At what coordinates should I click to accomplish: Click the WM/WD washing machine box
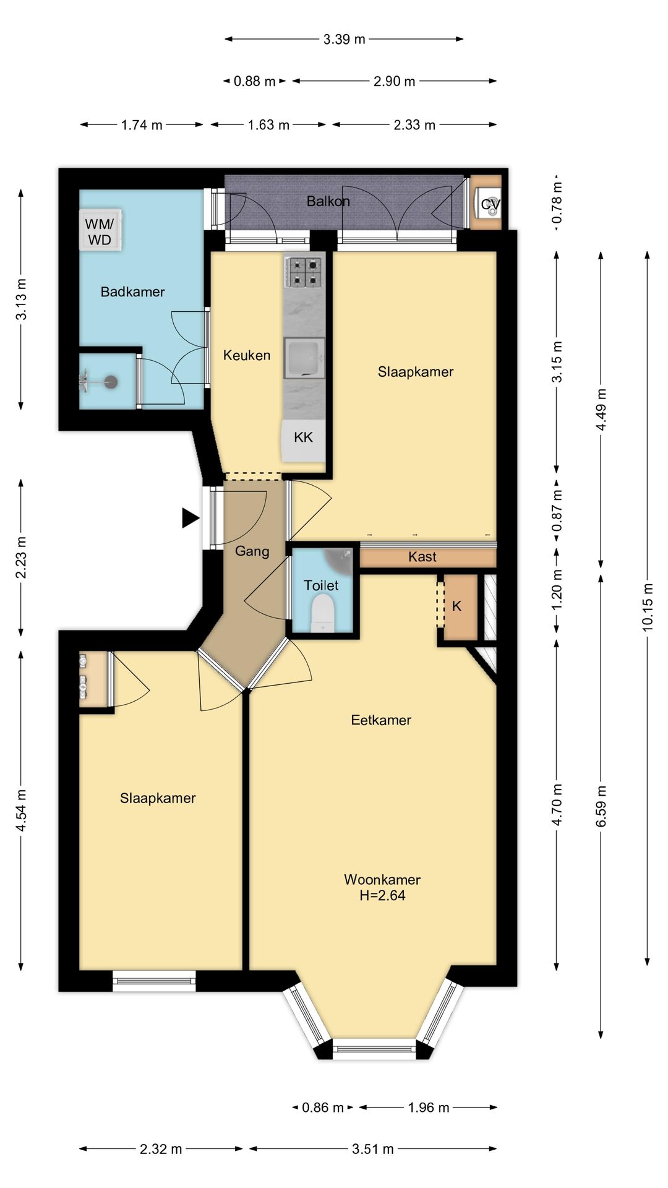click(x=100, y=230)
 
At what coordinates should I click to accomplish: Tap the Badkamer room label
click(x=132, y=291)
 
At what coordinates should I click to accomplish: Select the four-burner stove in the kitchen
click(x=304, y=273)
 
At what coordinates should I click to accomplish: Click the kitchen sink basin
click(x=304, y=358)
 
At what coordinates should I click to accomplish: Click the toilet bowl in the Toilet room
click(x=323, y=612)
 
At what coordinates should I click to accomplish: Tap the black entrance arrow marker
click(x=191, y=518)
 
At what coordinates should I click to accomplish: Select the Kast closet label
click(x=422, y=557)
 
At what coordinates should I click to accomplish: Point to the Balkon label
click(x=328, y=201)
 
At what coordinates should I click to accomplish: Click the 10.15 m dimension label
click(x=647, y=607)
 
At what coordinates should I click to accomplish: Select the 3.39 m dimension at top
click(x=344, y=39)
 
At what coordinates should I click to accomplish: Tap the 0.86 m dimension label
click(x=322, y=1107)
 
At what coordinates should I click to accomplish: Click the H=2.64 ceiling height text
click(x=382, y=895)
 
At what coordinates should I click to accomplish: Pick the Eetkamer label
click(x=381, y=720)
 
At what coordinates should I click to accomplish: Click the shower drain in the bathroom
click(x=111, y=382)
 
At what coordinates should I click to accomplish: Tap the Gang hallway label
click(x=252, y=551)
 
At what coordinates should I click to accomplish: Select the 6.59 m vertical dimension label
click(x=601, y=806)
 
